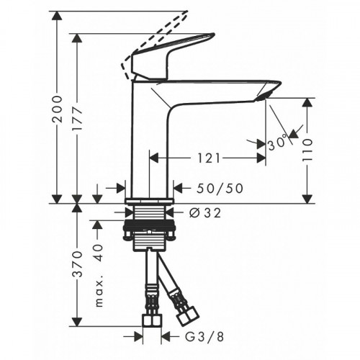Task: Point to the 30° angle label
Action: coord(278,143)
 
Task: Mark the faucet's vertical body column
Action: coord(149,137)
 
